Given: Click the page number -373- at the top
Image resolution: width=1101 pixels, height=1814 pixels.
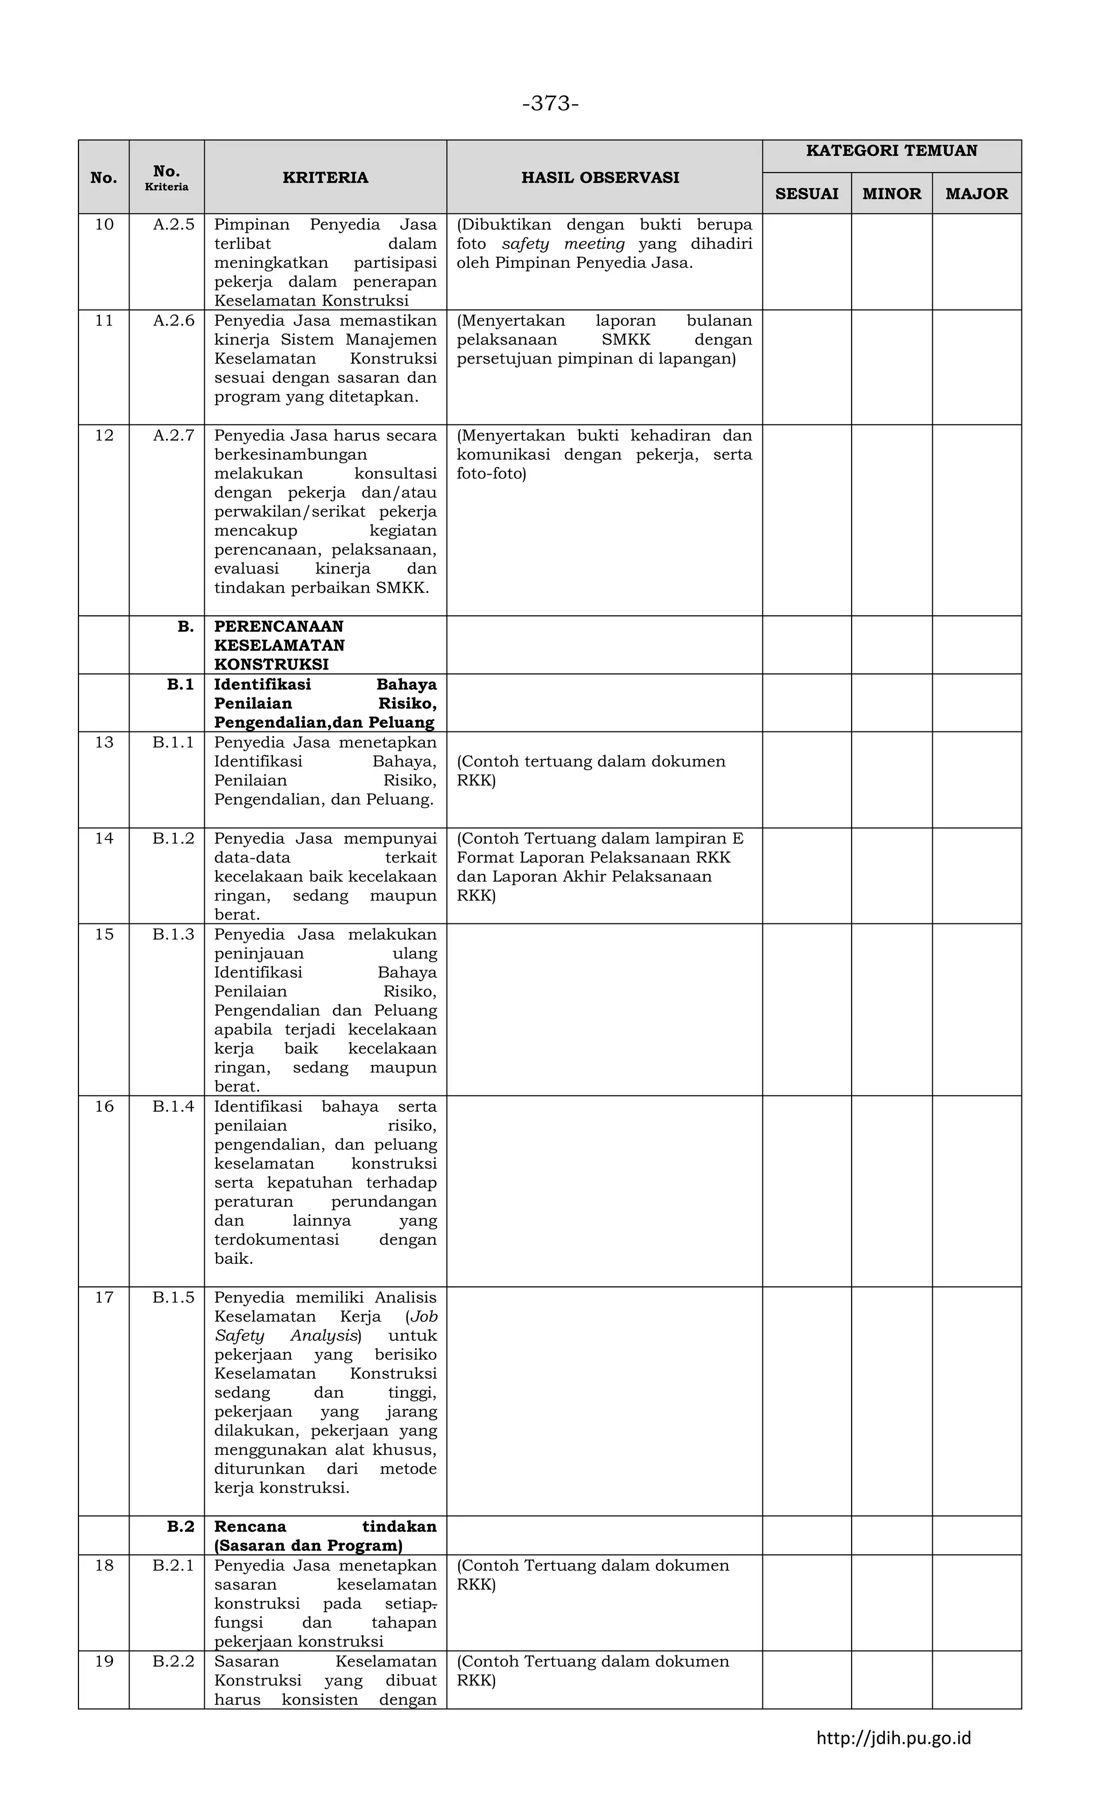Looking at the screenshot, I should coord(550,104).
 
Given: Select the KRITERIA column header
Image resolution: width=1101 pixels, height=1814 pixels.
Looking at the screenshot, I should coord(325,177).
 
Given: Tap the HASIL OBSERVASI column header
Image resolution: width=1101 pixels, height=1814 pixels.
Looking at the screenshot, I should coord(600,177).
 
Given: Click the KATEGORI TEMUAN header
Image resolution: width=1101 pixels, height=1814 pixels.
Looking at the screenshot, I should coord(891,151).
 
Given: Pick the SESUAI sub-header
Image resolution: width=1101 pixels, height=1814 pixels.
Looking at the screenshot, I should coord(806,194).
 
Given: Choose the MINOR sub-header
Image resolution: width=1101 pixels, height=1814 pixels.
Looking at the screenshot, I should coord(891,194).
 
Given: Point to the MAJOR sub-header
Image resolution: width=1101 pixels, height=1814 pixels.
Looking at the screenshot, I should coord(977,194).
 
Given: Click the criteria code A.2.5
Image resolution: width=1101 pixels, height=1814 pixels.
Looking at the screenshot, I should coord(174,225).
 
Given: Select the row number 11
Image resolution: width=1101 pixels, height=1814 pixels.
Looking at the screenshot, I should coord(104,320).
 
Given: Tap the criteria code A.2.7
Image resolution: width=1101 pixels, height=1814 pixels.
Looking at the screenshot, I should coord(174,435).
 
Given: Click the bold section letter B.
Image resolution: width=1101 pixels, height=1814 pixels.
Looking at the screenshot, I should coord(185,627).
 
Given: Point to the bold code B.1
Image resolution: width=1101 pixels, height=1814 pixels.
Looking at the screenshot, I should coord(180,684).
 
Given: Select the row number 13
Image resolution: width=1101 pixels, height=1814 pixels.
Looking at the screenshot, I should coord(104,742).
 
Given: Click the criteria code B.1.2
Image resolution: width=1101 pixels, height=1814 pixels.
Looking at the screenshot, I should coord(174,838).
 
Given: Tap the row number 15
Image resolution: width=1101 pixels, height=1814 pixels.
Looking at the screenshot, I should coord(104,934).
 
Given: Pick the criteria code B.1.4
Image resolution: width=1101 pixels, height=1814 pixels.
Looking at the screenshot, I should coord(174,1106).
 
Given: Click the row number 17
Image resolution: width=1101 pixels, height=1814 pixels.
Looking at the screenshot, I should coord(104,1297).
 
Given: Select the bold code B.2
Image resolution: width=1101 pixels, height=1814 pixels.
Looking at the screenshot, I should coord(180,1526).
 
